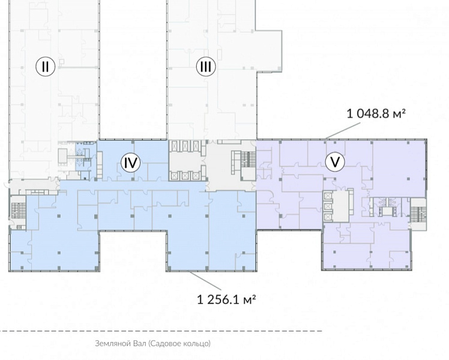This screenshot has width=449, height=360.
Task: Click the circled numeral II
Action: (45, 67)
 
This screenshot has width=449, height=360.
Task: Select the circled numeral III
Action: (206, 67)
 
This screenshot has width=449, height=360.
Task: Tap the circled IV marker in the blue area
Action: (131, 163)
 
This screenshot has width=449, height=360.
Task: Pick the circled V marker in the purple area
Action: (335, 162)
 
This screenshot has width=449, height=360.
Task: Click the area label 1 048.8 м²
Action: (376, 114)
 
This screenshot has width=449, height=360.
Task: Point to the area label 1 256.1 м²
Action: (226, 299)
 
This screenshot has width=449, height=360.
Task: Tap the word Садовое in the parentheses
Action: (163, 343)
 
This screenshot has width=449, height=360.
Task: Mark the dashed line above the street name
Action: (161, 331)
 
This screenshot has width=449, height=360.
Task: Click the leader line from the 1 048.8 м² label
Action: (343, 131)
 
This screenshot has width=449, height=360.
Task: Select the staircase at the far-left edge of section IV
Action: (18, 211)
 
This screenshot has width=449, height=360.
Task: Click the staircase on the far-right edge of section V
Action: (418, 214)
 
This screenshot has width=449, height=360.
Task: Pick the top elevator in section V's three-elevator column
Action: (328, 196)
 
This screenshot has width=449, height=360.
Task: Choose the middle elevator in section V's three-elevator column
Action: (328, 206)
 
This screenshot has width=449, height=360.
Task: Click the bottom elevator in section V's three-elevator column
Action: (328, 217)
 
